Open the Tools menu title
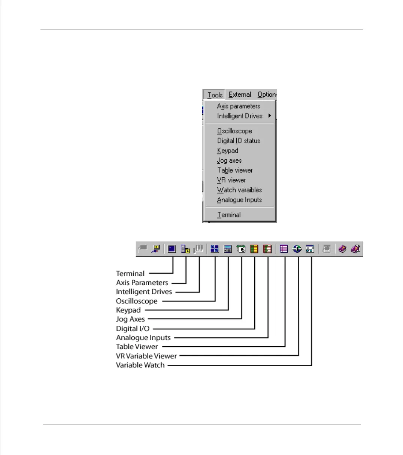(215, 95)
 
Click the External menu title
(240, 95)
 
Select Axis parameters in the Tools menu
(238, 106)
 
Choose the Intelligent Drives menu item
(240, 116)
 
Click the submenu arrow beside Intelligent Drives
(269, 116)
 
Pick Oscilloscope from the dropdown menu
(234, 131)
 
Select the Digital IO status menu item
(239, 141)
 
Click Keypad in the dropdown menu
(227, 151)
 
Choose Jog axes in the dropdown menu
(229, 160)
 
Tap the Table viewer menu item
(235, 170)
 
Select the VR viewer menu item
(231, 180)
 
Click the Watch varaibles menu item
(239, 190)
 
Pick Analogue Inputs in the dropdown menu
(239, 200)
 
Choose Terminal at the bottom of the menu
(229, 215)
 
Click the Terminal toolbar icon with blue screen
(172, 249)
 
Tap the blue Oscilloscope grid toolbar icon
(215, 249)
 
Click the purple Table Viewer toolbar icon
(284, 249)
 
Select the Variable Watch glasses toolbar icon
(310, 249)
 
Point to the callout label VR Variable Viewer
(146, 356)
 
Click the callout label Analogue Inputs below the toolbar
(143, 337)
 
